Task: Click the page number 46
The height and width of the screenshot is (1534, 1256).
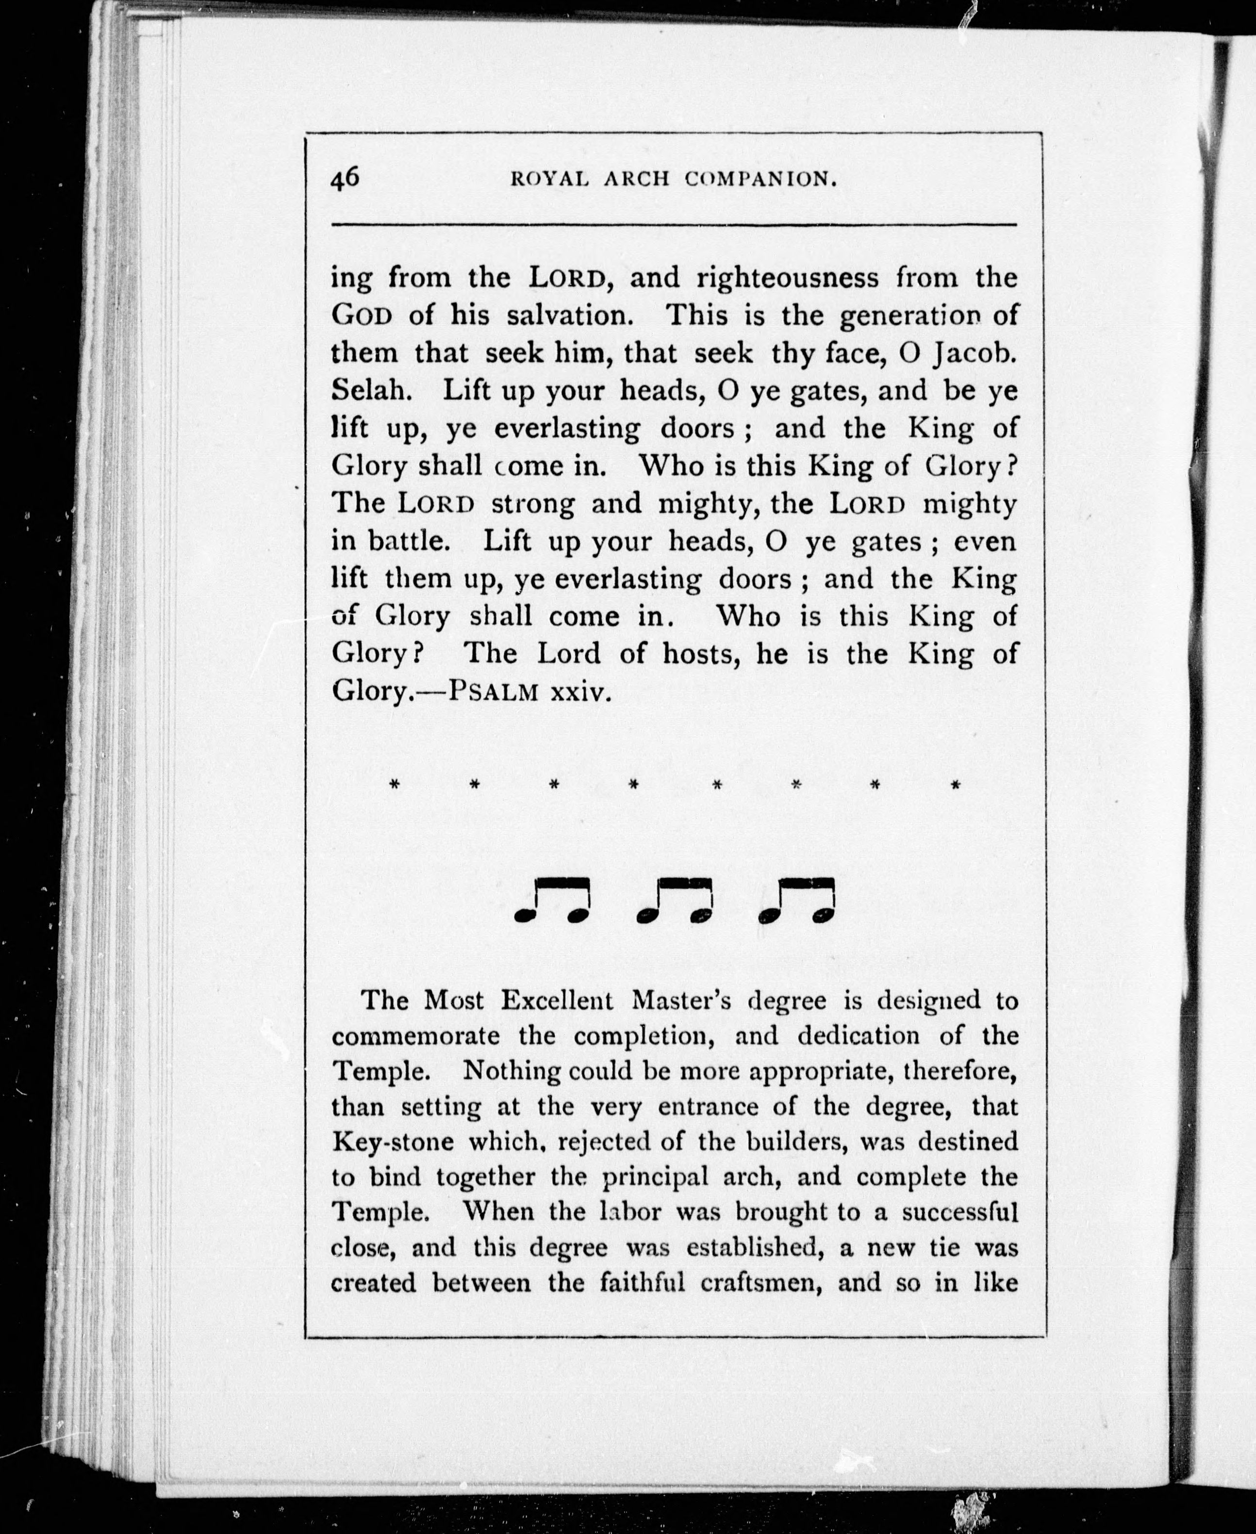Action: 345,178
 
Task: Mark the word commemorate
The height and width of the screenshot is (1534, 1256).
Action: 415,1036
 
